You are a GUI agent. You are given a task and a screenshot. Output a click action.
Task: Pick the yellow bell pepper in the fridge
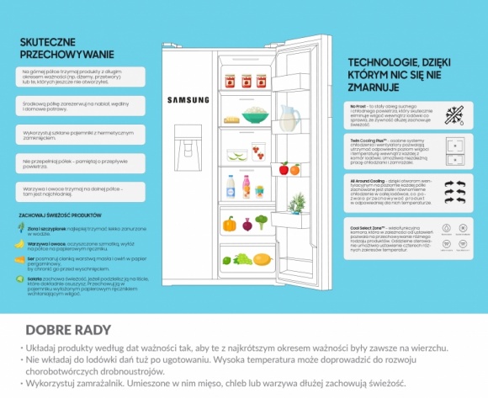pyautogui.click(x=229, y=224)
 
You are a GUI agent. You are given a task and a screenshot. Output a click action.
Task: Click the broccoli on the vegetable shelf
pyautogui.click(x=262, y=222)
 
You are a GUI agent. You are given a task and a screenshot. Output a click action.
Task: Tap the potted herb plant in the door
pyautogui.click(x=296, y=204)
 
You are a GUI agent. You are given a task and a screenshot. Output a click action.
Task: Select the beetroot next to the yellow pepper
pyautogui.click(x=247, y=225)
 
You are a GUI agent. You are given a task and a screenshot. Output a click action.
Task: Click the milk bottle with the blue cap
pyautogui.click(x=231, y=186)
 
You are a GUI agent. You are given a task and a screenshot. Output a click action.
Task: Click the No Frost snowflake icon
pyautogui.click(x=452, y=115)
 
